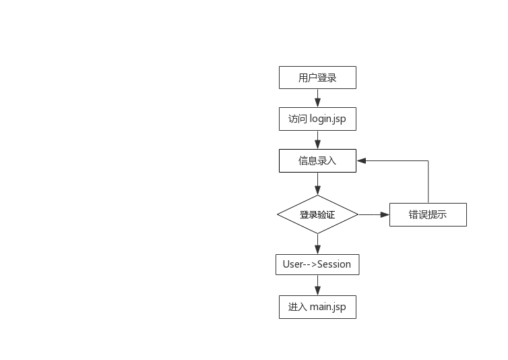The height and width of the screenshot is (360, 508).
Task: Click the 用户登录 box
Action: point(317,78)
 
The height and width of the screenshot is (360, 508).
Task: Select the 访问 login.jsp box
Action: point(317,119)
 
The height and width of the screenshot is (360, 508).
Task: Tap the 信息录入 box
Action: point(317,160)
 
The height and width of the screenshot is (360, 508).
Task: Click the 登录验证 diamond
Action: point(317,215)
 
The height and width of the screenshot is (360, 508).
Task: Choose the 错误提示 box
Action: point(428,215)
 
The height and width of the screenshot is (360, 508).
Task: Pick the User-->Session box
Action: point(317,264)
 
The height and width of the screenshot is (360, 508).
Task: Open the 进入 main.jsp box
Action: point(317,307)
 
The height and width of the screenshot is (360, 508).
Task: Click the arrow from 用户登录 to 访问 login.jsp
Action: point(317,98)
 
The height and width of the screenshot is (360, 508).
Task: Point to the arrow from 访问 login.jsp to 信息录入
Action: point(317,140)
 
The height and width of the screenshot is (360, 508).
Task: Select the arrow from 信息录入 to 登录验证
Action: point(317,183)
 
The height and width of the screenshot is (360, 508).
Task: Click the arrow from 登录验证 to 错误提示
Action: point(373,215)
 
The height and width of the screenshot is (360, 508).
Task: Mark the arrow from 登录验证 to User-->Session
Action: point(317,243)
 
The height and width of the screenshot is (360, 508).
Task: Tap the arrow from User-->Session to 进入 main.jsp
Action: point(317,285)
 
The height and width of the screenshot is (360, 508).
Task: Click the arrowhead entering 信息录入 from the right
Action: point(361,160)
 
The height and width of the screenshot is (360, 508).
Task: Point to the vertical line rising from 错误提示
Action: point(428,182)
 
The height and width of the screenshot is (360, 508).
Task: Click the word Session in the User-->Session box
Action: point(334,264)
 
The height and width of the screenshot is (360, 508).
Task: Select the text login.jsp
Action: point(328,119)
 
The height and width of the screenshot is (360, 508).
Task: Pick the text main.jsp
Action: point(328,307)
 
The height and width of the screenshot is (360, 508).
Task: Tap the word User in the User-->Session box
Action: point(293,264)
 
